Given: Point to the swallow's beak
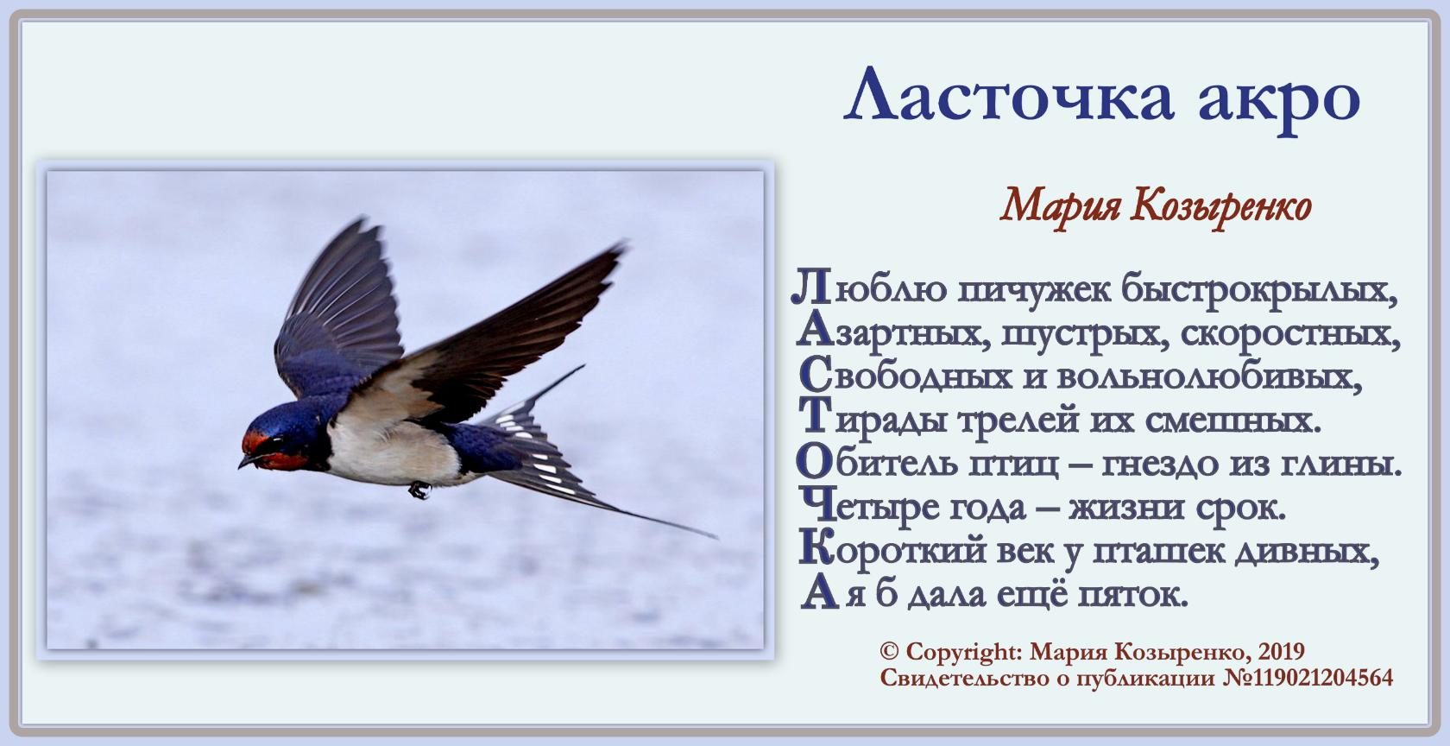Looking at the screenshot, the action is (x=247, y=463).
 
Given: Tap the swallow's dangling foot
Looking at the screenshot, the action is (x=419, y=490).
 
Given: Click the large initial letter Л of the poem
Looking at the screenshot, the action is (x=810, y=288).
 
